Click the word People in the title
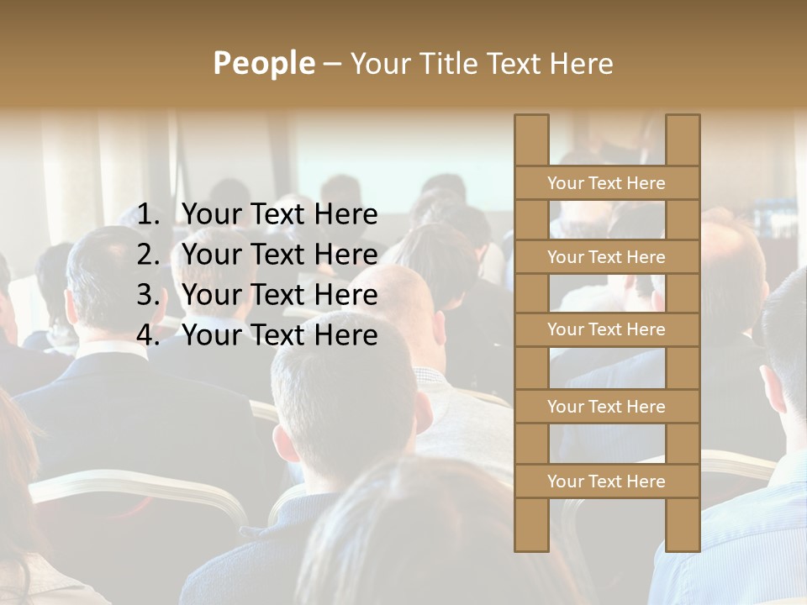tap(263, 64)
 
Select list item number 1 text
tap(279, 215)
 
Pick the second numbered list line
tap(279, 255)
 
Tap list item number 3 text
tap(279, 295)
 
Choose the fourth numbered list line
tap(279, 335)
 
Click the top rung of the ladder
tap(606, 183)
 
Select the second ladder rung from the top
tap(606, 257)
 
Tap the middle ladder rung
tap(606, 330)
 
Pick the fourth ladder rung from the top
tap(606, 407)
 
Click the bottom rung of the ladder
tap(606, 481)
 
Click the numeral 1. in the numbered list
tap(148, 215)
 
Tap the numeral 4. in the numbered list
tap(148, 335)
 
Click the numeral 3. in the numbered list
tap(148, 295)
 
